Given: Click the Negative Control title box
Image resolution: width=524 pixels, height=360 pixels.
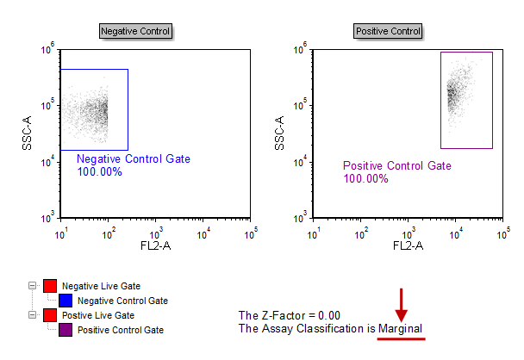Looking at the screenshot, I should (x=135, y=31).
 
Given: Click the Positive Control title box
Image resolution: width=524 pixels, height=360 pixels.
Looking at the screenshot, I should (x=388, y=31).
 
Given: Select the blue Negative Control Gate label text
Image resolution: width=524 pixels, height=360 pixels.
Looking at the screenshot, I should (x=134, y=159).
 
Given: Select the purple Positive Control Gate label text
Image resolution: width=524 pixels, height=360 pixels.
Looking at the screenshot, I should (x=396, y=166).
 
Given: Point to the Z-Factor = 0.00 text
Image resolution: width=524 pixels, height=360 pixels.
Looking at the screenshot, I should (x=290, y=315).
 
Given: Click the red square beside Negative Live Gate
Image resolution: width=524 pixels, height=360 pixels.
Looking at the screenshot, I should (x=50, y=286).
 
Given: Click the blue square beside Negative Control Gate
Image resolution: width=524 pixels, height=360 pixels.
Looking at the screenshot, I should (x=65, y=301).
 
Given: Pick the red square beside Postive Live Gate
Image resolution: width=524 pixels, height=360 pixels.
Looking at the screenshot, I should (x=50, y=315).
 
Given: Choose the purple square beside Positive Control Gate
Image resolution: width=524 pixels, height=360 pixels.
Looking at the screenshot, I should (x=65, y=330).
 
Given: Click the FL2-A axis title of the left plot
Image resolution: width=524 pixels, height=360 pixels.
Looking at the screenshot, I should (x=155, y=246).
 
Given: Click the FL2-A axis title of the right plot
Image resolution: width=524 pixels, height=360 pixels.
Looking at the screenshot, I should (x=407, y=246).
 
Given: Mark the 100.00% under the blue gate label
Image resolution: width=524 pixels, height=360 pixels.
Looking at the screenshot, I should (x=99, y=172).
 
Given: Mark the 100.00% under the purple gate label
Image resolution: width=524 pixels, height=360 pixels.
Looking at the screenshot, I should (x=365, y=179).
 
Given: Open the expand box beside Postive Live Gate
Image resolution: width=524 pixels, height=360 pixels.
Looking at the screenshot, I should (x=33, y=315).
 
